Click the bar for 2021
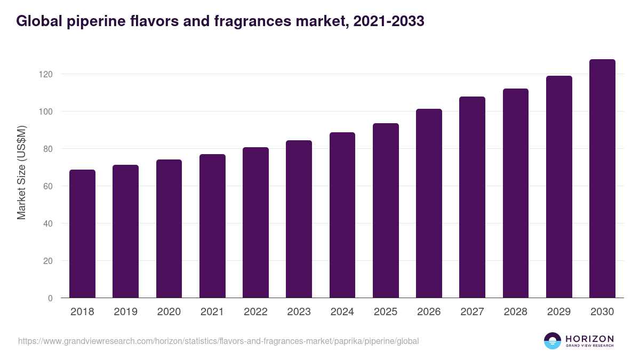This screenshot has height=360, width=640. (x=212, y=226)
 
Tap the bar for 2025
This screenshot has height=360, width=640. (x=386, y=211)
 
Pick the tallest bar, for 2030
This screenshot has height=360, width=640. (x=602, y=179)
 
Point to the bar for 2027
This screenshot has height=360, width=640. (x=472, y=197)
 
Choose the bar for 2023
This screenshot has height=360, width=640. (x=299, y=219)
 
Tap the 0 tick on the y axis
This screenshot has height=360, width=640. (x=50, y=298)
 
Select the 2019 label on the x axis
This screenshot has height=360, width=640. (x=125, y=312)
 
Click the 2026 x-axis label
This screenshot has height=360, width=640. (x=429, y=312)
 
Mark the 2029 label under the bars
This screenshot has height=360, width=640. (x=559, y=312)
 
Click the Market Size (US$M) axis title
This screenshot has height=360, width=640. (x=22, y=172)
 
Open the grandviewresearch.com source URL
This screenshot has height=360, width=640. (x=218, y=341)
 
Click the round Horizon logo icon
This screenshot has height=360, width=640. (x=553, y=341)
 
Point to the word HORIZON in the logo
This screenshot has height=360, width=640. (x=589, y=338)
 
